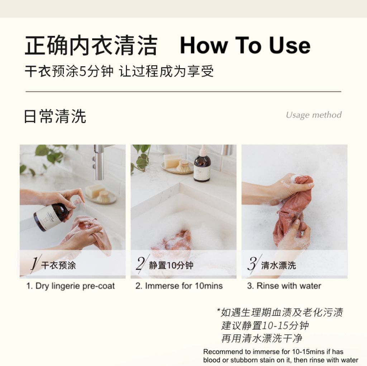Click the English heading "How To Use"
click(x=245, y=46)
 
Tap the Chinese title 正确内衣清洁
click(x=91, y=46)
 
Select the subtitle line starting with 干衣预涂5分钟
click(x=119, y=71)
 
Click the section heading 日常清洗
click(x=55, y=117)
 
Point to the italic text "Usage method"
click(x=314, y=115)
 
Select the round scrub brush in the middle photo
click(x=184, y=166)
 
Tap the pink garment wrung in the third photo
click(x=292, y=211)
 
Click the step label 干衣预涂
click(x=58, y=266)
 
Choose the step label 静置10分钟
click(x=171, y=266)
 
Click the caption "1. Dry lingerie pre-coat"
click(x=71, y=286)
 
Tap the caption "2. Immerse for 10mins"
click(x=179, y=286)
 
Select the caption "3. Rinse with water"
click(x=284, y=286)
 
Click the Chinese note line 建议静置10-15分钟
click(x=265, y=325)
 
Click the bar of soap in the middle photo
click(x=172, y=160)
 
